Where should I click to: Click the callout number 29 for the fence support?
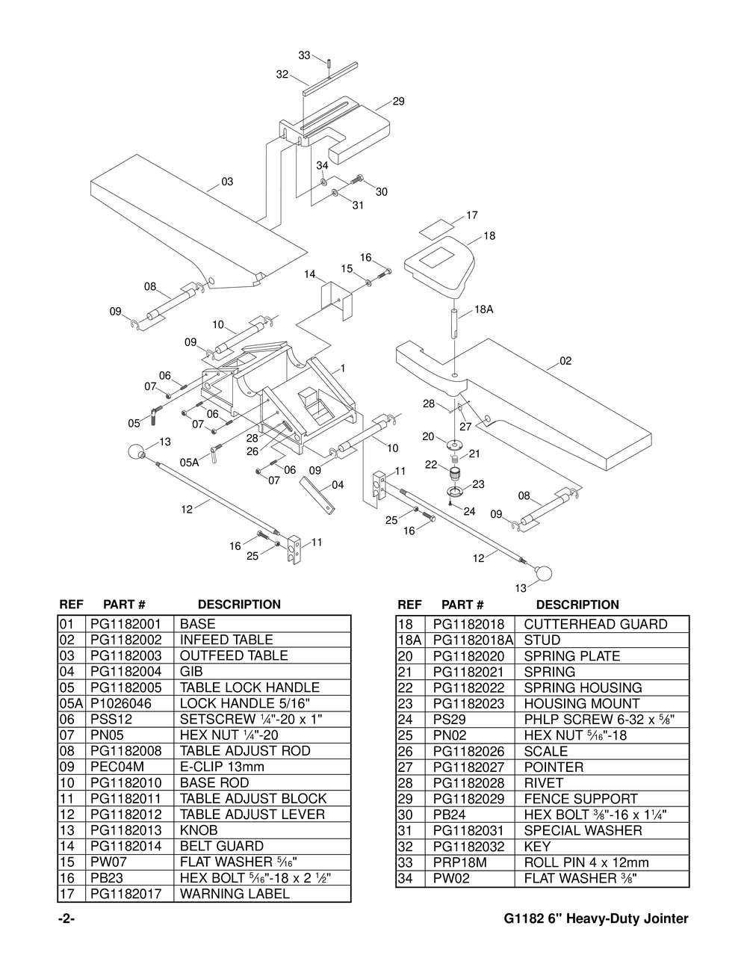click(398, 101)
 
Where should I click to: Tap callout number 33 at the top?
click(304, 55)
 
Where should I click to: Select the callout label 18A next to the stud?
click(484, 309)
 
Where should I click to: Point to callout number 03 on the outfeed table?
click(227, 182)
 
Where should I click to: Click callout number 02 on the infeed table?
click(565, 361)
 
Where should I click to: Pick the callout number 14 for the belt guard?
click(309, 274)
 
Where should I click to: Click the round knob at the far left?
click(135, 452)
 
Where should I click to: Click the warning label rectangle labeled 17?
click(437, 225)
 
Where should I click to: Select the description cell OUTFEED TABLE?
click(234, 655)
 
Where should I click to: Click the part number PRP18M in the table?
click(460, 862)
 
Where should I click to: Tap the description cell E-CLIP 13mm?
click(222, 767)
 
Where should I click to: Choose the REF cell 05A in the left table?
click(69, 703)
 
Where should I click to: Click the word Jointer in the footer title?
click(663, 918)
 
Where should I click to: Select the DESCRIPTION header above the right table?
click(577, 605)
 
